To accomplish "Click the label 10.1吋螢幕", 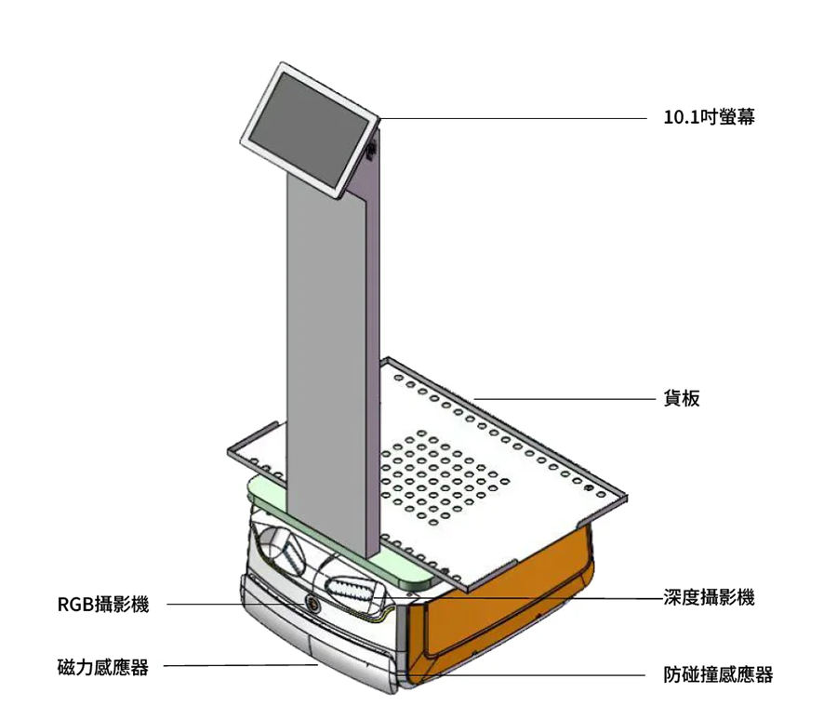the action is [x=708, y=119].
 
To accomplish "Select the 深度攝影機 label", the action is [x=709, y=597].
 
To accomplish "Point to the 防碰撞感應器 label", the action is [x=718, y=675].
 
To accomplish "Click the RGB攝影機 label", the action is [x=102, y=605].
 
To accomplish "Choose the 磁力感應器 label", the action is [x=102, y=667].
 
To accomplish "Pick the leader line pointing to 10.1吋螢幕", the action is [x=511, y=119].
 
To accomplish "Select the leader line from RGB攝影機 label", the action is [x=232, y=605].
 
